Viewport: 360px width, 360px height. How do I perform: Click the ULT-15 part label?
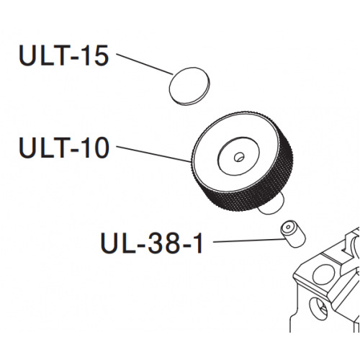coord(63,55)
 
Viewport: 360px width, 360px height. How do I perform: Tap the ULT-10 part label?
coord(64,147)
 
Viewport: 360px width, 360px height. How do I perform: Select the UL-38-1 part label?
coord(152,243)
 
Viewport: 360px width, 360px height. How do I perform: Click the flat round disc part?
coord(189,86)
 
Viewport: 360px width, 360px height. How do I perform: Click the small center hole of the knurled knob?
coord(238,157)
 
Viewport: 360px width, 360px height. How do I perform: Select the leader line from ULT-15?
coord(145,64)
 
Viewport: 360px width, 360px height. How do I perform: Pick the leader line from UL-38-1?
coord(249,240)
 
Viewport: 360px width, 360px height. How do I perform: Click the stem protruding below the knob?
coord(271,207)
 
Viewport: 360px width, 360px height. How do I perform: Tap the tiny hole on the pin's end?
coord(288,227)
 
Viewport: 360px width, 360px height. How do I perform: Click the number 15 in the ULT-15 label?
coord(96,55)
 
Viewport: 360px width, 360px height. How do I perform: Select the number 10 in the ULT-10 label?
coord(96,147)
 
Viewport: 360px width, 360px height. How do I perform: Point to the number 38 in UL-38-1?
coord(162,243)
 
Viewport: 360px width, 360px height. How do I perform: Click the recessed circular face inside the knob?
coord(238,156)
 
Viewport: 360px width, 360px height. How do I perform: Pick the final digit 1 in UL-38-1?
coord(198,243)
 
